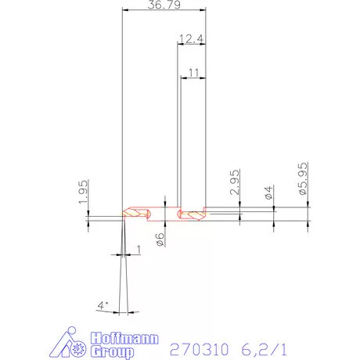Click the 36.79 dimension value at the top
166,6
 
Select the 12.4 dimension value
191,38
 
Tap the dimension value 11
193,72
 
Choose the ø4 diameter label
268,192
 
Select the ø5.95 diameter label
302,185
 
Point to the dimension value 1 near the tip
139,249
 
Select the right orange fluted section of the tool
190,213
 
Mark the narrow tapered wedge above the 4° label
124,266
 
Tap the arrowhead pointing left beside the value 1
128,255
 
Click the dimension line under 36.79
166,12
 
